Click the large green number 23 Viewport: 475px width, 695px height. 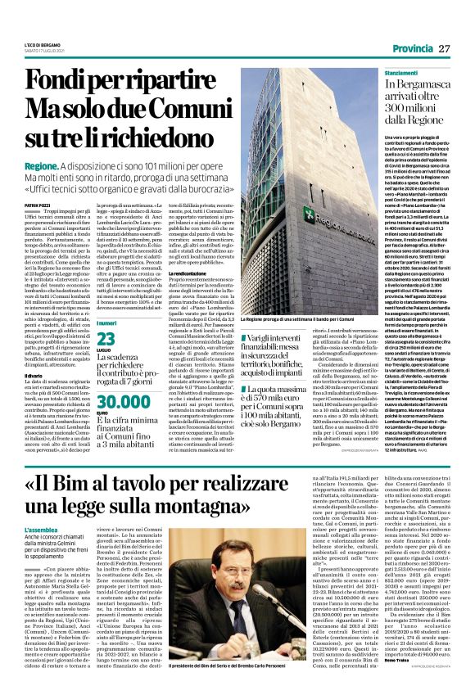[106, 315]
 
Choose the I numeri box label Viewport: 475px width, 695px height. [106, 300]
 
